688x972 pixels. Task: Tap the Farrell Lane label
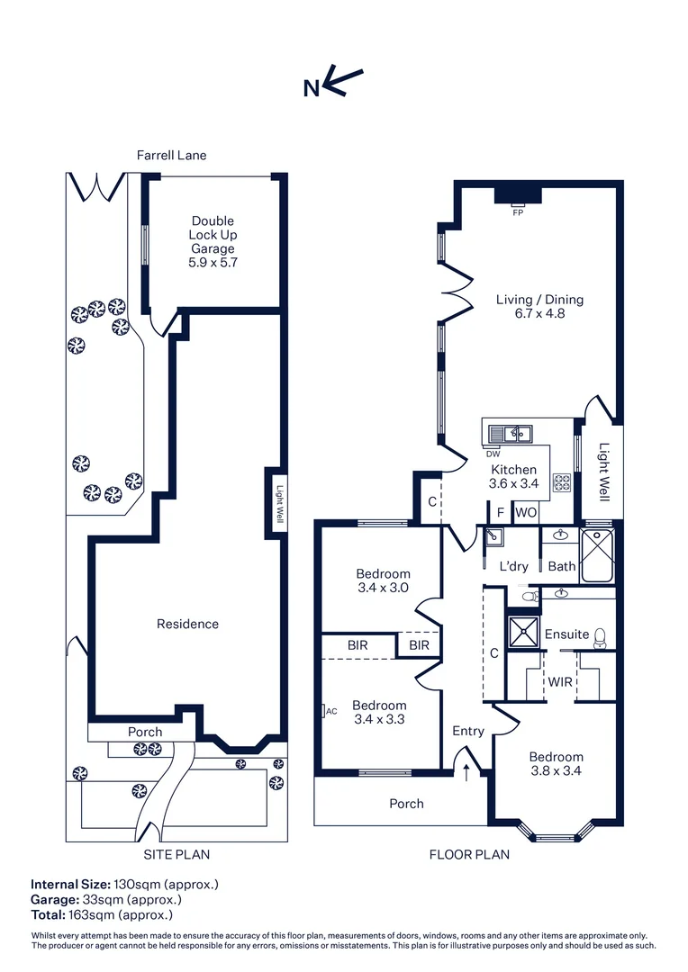coord(171,155)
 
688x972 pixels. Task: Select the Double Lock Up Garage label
coord(213,241)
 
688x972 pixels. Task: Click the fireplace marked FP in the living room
coord(518,195)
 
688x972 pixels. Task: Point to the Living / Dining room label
coord(539,307)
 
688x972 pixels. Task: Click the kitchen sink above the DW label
coord(511,435)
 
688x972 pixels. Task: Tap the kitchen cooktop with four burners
coord(562,482)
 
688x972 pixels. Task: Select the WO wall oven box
coord(526,512)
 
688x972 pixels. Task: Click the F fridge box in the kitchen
coord(501,512)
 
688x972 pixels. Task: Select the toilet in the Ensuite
coord(601,634)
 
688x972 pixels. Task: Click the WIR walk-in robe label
coord(559,681)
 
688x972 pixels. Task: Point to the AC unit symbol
coord(325,711)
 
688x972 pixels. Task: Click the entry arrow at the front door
coord(466,771)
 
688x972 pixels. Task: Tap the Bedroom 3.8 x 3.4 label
coord(556,764)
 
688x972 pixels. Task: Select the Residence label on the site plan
coord(187,624)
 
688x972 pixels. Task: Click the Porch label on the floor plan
coord(406,803)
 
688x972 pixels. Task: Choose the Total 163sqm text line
coord(101,914)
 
